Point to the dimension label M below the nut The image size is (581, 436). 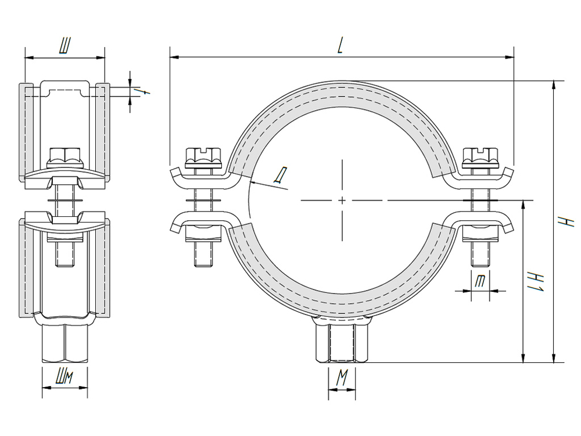[x=342, y=380]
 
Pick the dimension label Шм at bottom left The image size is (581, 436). [x=64, y=379]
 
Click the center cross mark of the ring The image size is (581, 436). [x=342, y=200]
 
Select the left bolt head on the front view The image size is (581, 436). [x=204, y=156]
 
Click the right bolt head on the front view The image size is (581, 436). [x=480, y=156]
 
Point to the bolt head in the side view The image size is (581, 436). [x=65, y=157]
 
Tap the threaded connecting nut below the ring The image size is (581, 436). [x=342, y=343]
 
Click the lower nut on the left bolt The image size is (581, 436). [x=204, y=236]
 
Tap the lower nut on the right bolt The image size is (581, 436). [x=480, y=236]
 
